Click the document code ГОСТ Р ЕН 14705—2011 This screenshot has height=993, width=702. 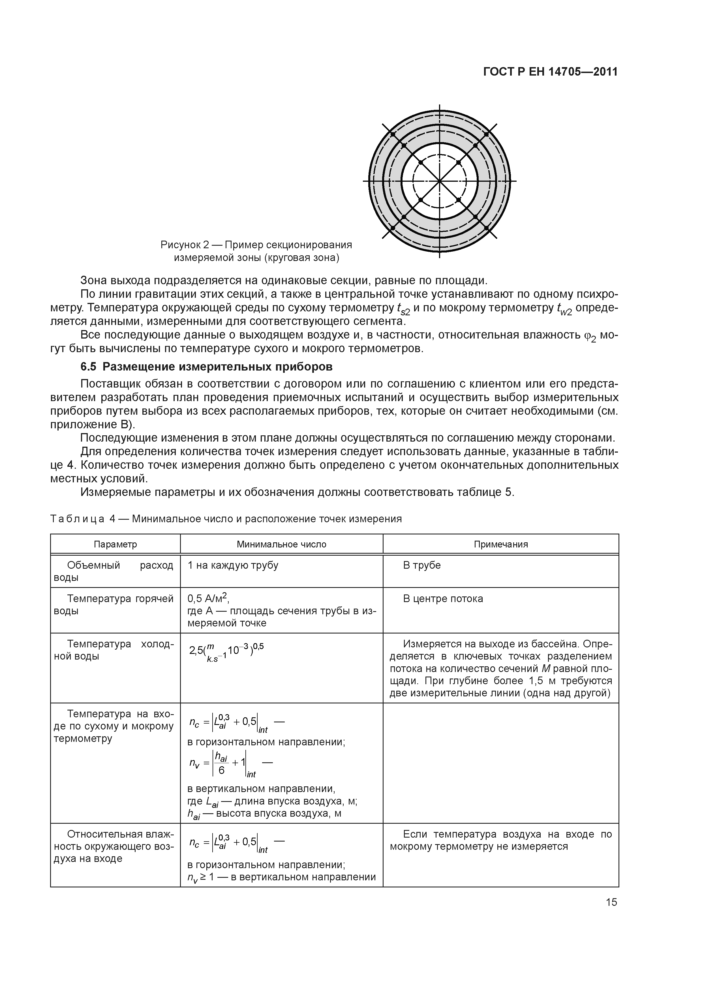pos(550,72)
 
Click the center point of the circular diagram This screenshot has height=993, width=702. pos(439,181)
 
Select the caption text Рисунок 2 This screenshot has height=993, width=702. pos(185,245)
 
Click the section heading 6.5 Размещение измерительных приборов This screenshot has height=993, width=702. pos(207,367)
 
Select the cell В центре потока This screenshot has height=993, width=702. pos(443,599)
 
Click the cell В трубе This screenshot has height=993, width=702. pos(422,565)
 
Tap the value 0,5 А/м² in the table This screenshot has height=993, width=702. pos(208,599)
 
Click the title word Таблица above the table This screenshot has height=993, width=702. pos(78,519)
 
